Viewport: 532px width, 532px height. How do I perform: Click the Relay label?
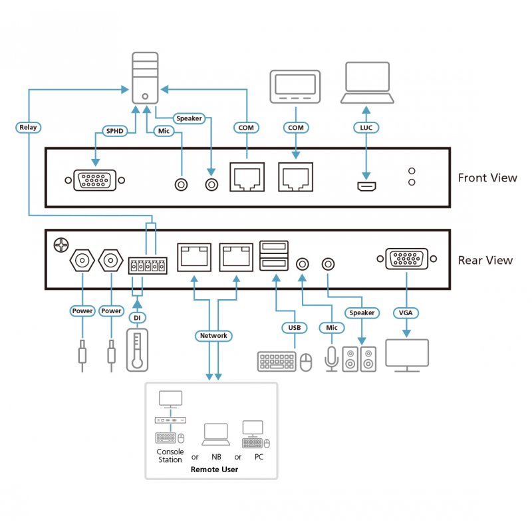click(28, 127)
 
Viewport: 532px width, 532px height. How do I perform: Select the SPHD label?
click(113, 131)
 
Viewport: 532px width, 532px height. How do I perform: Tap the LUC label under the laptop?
click(365, 127)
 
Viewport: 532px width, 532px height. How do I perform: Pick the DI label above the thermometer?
click(137, 318)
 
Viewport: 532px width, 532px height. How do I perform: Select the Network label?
click(213, 336)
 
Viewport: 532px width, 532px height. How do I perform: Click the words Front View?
click(487, 178)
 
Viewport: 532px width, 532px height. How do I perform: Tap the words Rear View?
click(485, 260)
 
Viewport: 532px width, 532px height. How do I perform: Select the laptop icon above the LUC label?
click(367, 83)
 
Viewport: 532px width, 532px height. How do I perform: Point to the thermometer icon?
click(136, 350)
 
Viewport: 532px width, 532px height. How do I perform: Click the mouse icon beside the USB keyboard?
click(306, 362)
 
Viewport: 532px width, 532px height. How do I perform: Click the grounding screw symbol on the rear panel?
click(60, 245)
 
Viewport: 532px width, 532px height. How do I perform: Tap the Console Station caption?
click(170, 456)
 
